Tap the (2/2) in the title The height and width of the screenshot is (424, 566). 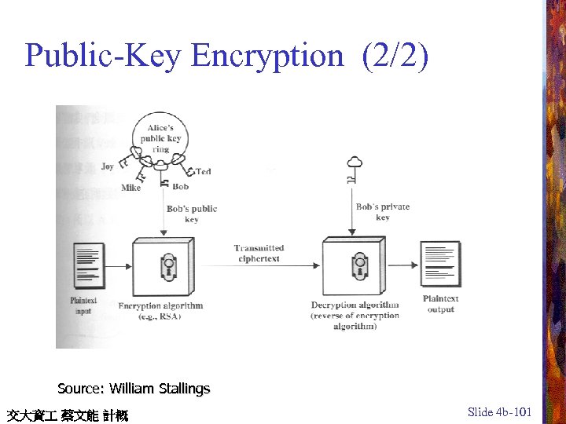[396, 56]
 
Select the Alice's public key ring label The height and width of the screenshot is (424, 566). [161, 139]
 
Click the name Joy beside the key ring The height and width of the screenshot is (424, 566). [108, 166]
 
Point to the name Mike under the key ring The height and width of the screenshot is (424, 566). [131, 188]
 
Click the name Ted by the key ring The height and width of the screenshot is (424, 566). [204, 171]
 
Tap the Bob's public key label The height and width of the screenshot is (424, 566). [192, 214]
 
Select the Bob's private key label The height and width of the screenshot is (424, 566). [383, 212]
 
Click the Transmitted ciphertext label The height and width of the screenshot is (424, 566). [259, 253]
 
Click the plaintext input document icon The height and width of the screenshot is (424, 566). [88, 266]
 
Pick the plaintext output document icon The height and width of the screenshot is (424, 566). [440, 264]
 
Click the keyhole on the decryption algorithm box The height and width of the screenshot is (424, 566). [359, 265]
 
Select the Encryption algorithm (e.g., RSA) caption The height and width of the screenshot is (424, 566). [160, 310]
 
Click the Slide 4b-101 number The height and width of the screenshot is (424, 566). [499, 411]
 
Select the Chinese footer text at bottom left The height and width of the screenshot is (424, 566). [67, 415]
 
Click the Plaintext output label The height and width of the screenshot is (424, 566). [440, 304]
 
